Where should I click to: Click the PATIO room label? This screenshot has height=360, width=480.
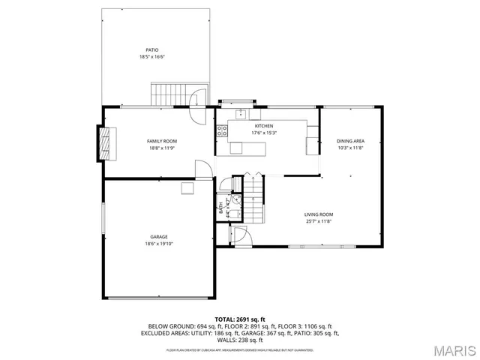151,50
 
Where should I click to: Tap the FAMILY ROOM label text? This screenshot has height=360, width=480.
161,141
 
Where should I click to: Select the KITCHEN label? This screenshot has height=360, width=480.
263,126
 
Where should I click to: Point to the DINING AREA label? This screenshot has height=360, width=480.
350,141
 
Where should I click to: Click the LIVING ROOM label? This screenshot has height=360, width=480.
318,214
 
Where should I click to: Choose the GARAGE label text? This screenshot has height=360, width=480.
158,237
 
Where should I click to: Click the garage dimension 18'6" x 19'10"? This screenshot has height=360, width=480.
158,244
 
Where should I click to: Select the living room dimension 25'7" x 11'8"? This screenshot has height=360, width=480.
318,221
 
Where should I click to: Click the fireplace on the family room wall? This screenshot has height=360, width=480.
106,142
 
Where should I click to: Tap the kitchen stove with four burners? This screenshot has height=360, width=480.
222,130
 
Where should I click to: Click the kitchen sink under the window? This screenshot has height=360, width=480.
240,114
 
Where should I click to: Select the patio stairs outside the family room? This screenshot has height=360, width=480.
166,95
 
